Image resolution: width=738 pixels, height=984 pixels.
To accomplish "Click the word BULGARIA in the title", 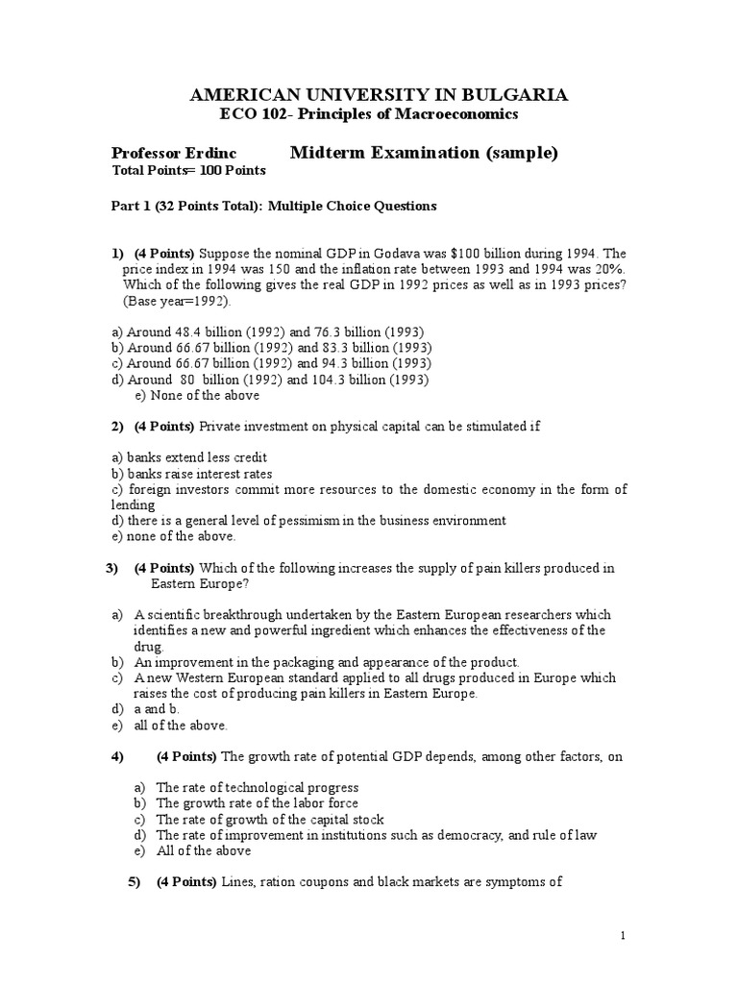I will pos(510,94).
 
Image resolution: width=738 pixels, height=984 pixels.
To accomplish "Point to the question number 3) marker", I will pos(111,568).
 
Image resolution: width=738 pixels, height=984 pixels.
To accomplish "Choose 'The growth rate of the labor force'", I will pos(257,803).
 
